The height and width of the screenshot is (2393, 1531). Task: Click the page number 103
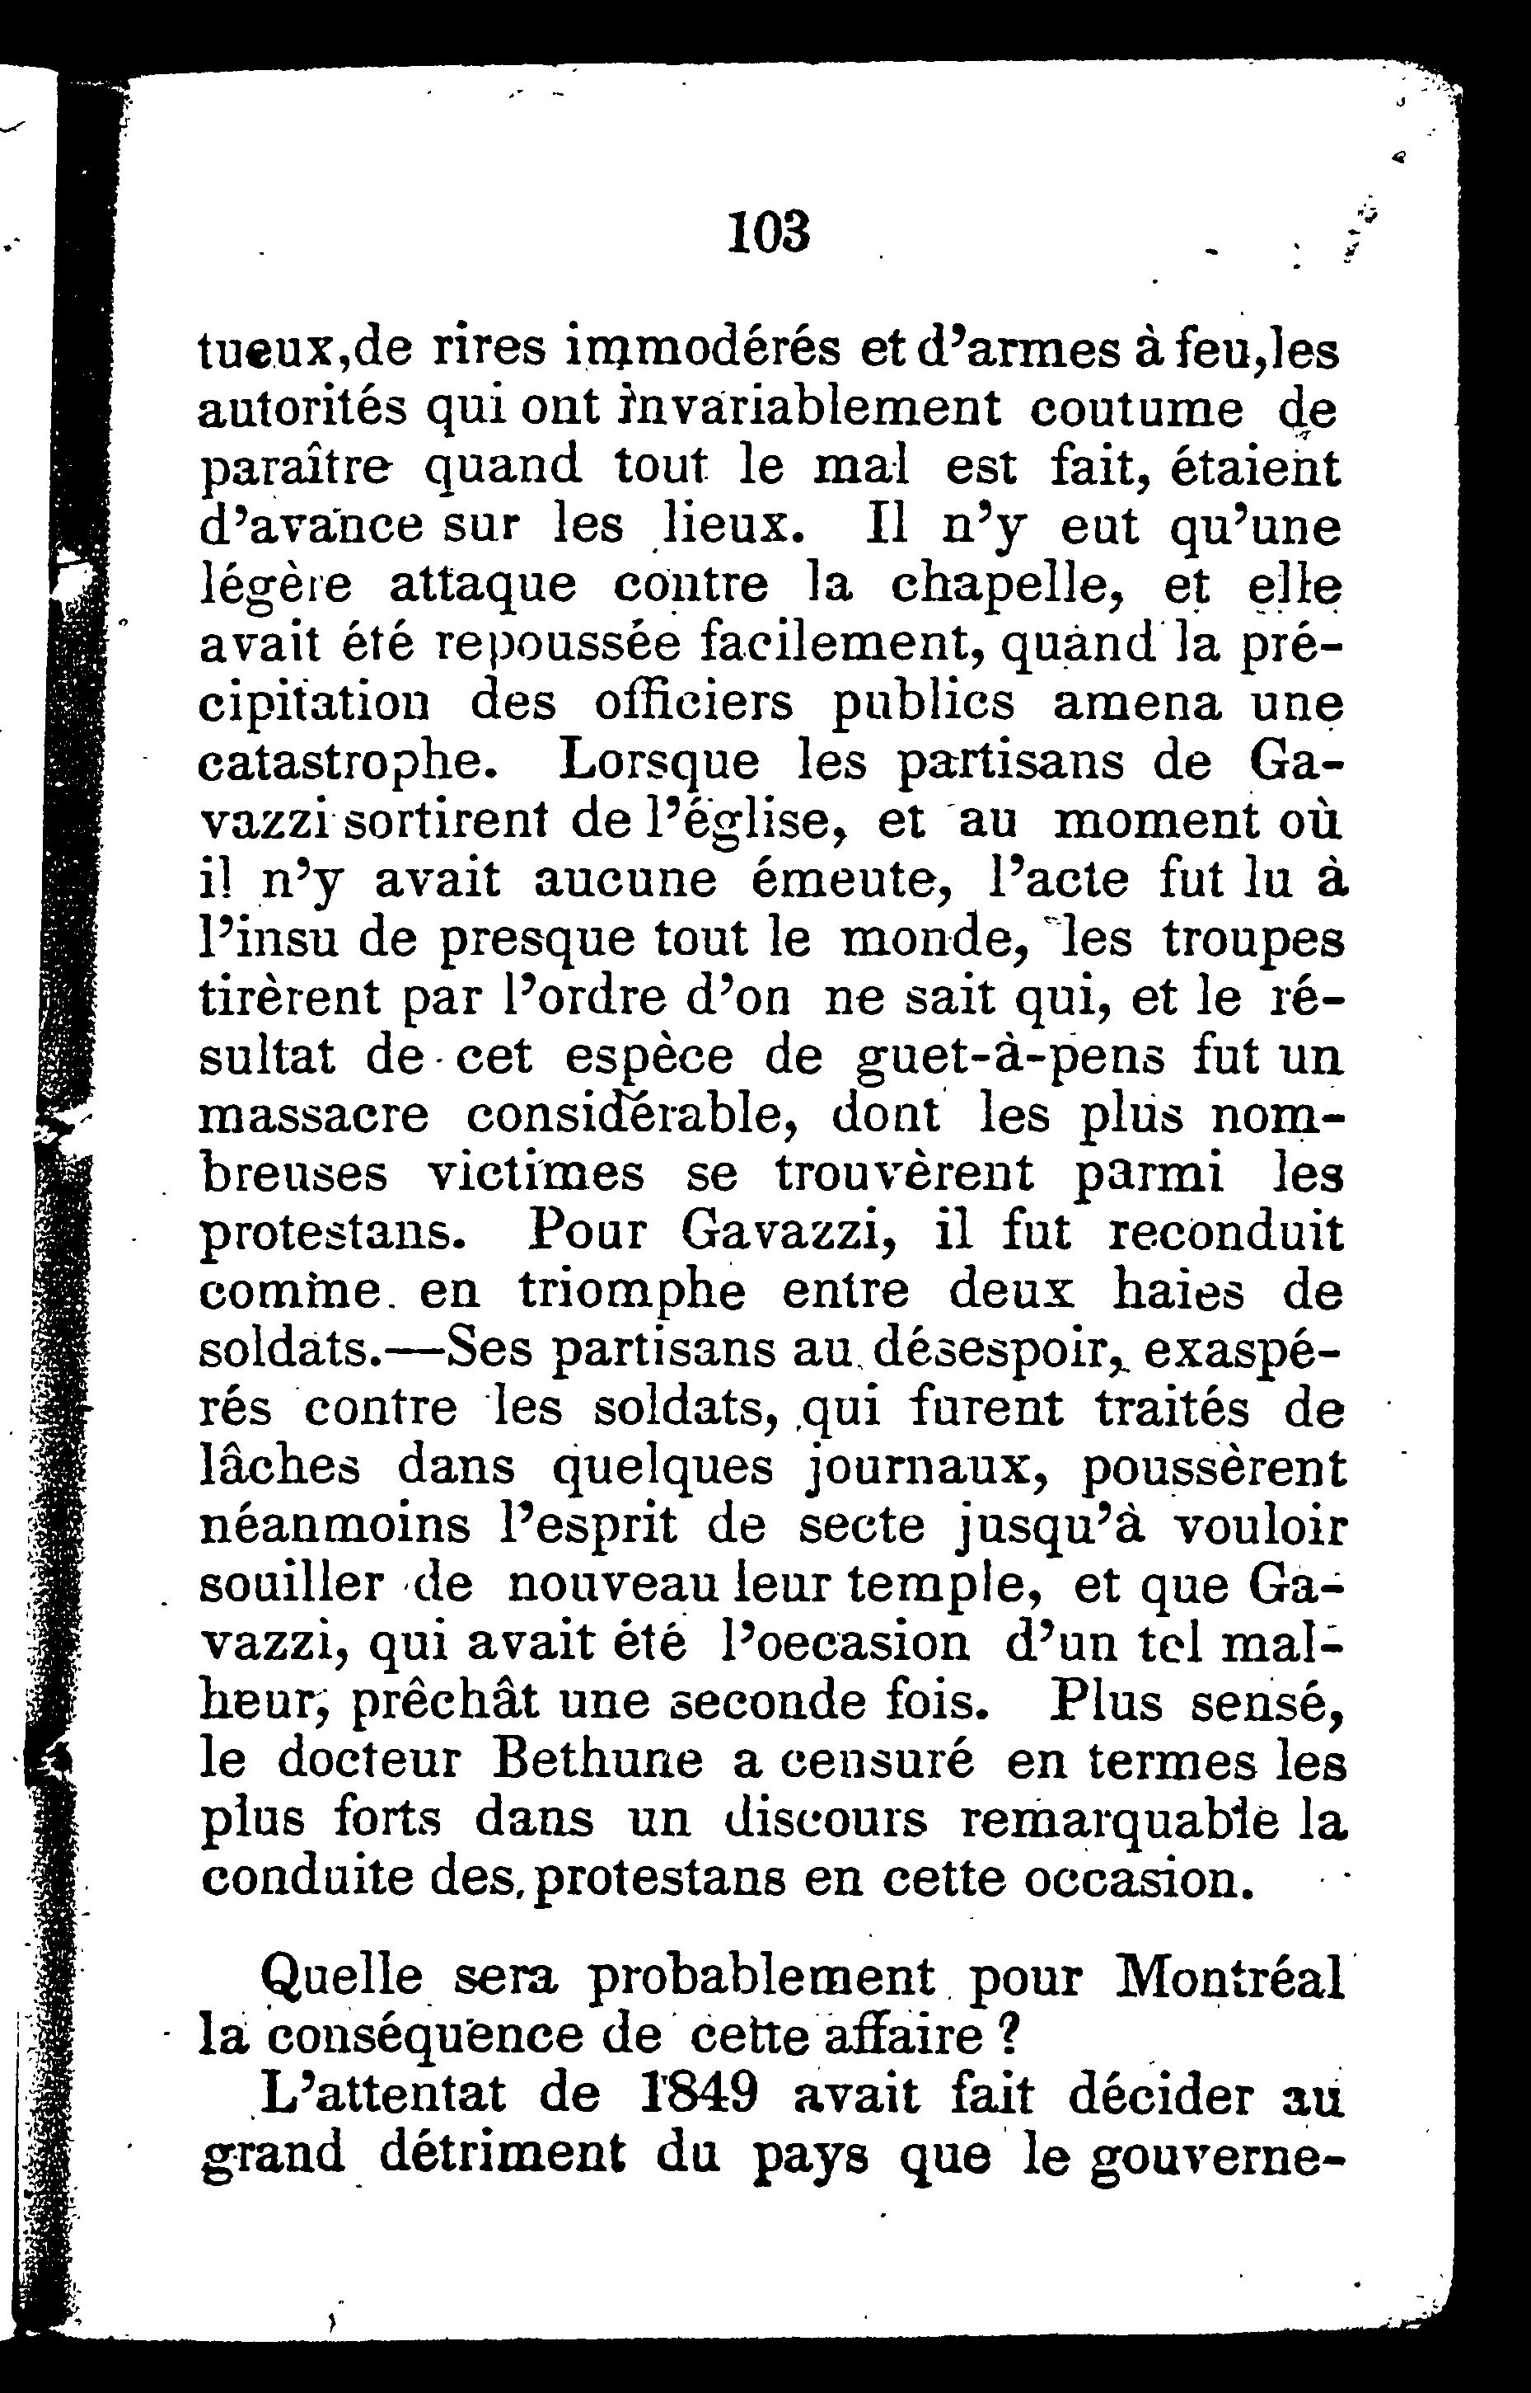click(x=770, y=233)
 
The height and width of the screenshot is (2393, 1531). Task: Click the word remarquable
click(x=1121, y=1819)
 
